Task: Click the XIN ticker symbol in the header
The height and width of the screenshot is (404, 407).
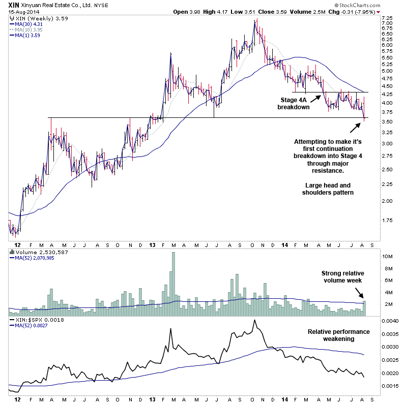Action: (x=15, y=4)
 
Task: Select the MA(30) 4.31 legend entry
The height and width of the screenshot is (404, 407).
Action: (x=29, y=24)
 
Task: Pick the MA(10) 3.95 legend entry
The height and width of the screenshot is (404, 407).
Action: (x=29, y=29)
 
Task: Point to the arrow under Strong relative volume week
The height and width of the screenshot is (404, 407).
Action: (x=360, y=293)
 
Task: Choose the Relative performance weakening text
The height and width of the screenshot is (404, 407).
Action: (x=338, y=335)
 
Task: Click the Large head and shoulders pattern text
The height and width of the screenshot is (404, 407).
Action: (x=328, y=189)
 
